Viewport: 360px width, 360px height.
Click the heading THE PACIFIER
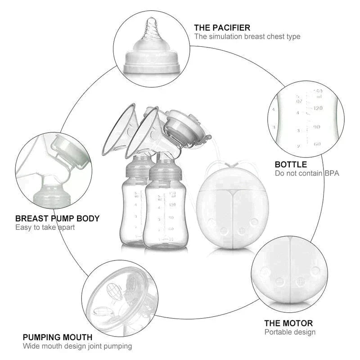coord(222,28)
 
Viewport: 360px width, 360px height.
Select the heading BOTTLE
coord(291,165)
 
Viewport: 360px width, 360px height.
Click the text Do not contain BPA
coord(307,173)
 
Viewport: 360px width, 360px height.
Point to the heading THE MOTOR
coord(288,323)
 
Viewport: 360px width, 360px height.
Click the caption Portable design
coord(290,332)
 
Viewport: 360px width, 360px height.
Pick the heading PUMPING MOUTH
coord(58,337)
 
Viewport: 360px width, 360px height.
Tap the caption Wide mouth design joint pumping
coord(77,346)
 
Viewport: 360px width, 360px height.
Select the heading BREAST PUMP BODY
coord(58,219)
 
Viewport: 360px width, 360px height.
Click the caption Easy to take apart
coord(45,227)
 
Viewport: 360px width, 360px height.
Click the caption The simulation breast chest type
coord(247,36)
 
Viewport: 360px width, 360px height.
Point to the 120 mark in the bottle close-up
coord(318,108)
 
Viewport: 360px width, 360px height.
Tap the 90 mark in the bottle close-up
coord(317,127)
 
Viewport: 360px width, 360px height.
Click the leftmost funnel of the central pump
coord(118,133)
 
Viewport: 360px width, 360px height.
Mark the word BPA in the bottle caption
coord(332,173)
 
